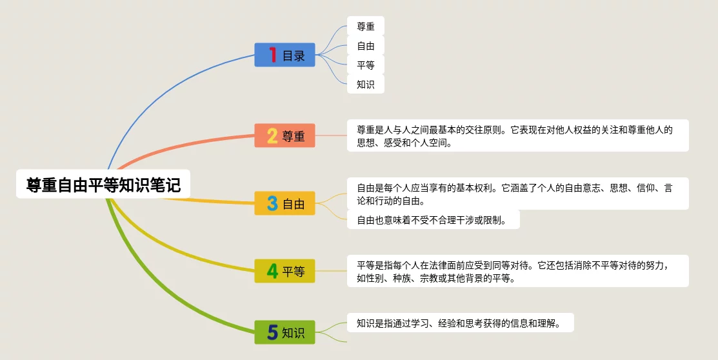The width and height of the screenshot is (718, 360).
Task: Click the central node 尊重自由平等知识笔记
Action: pos(103,184)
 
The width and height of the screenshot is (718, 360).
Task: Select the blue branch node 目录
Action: pos(285,55)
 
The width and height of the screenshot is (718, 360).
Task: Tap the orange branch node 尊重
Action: pos(285,135)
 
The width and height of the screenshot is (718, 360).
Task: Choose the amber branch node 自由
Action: pos(285,203)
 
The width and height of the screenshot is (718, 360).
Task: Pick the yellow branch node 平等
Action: pos(285,271)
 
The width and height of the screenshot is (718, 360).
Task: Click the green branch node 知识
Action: pos(285,332)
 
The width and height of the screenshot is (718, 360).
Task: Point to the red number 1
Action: pos(273,55)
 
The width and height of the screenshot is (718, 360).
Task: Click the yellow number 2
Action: pos(272,136)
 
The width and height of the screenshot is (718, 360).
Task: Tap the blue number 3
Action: pos(272,203)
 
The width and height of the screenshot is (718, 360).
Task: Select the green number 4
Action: pos(272,271)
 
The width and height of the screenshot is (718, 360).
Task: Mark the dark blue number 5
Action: pos(272,332)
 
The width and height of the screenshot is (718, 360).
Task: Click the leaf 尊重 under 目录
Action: pos(365,26)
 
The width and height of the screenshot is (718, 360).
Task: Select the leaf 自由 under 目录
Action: pos(365,46)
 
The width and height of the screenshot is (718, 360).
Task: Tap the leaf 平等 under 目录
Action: pos(365,65)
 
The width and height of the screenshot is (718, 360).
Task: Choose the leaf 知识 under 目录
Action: pos(365,85)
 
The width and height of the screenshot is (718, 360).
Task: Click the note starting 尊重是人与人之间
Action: pos(518,135)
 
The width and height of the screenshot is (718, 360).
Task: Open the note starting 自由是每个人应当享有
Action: pos(518,194)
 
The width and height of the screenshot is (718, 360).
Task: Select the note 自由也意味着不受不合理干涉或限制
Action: pos(433,220)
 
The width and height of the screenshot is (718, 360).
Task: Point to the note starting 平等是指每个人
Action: pos(518,271)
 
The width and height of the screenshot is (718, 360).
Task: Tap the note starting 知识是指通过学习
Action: pos(460,323)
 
